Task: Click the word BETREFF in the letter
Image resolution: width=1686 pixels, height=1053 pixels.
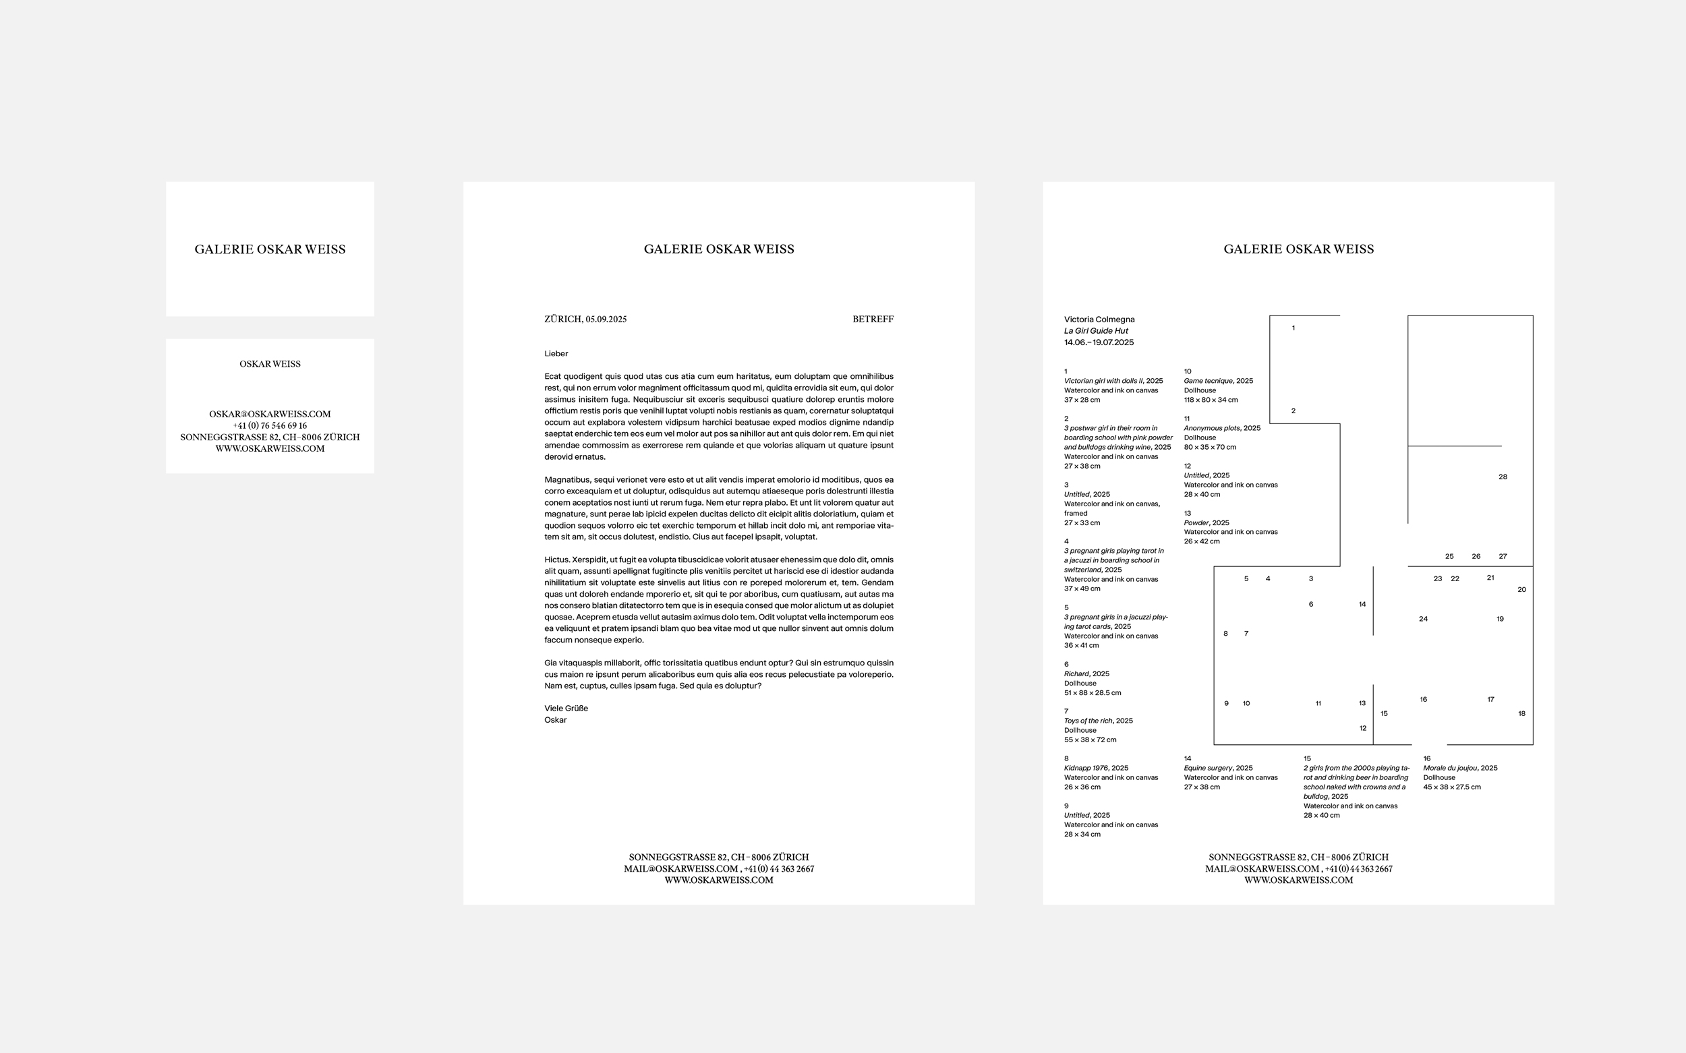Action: pos(872,320)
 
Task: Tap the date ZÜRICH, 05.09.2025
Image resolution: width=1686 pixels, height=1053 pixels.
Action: pos(585,320)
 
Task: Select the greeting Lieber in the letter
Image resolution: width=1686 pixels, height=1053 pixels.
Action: pos(556,354)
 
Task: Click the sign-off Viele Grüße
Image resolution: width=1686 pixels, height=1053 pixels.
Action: pos(566,709)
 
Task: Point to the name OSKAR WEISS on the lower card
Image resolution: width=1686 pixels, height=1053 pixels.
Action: pos(270,364)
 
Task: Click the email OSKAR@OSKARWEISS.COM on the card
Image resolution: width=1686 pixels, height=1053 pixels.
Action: pos(270,415)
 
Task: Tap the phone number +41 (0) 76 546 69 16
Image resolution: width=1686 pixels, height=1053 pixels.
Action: pos(270,425)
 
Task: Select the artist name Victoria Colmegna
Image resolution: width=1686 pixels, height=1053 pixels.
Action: pos(1099,320)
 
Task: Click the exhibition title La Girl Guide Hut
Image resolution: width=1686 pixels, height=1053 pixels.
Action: pos(1095,331)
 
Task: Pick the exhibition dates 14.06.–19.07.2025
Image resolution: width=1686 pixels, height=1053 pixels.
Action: pos(1099,342)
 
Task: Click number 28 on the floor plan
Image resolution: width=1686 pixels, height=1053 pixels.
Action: pos(1503,477)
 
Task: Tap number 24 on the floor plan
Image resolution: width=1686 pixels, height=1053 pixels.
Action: pos(1424,619)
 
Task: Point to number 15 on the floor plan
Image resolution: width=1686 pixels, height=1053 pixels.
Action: pos(1384,714)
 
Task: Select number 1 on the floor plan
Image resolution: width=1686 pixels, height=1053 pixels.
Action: pos(1293,328)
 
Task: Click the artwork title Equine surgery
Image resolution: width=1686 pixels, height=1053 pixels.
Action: pos(1208,768)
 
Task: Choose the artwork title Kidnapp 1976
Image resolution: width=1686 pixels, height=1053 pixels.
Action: pos(1086,768)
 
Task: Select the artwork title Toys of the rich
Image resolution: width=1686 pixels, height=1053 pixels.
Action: pos(1088,721)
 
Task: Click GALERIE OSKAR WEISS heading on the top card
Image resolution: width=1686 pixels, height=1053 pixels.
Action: pos(270,249)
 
